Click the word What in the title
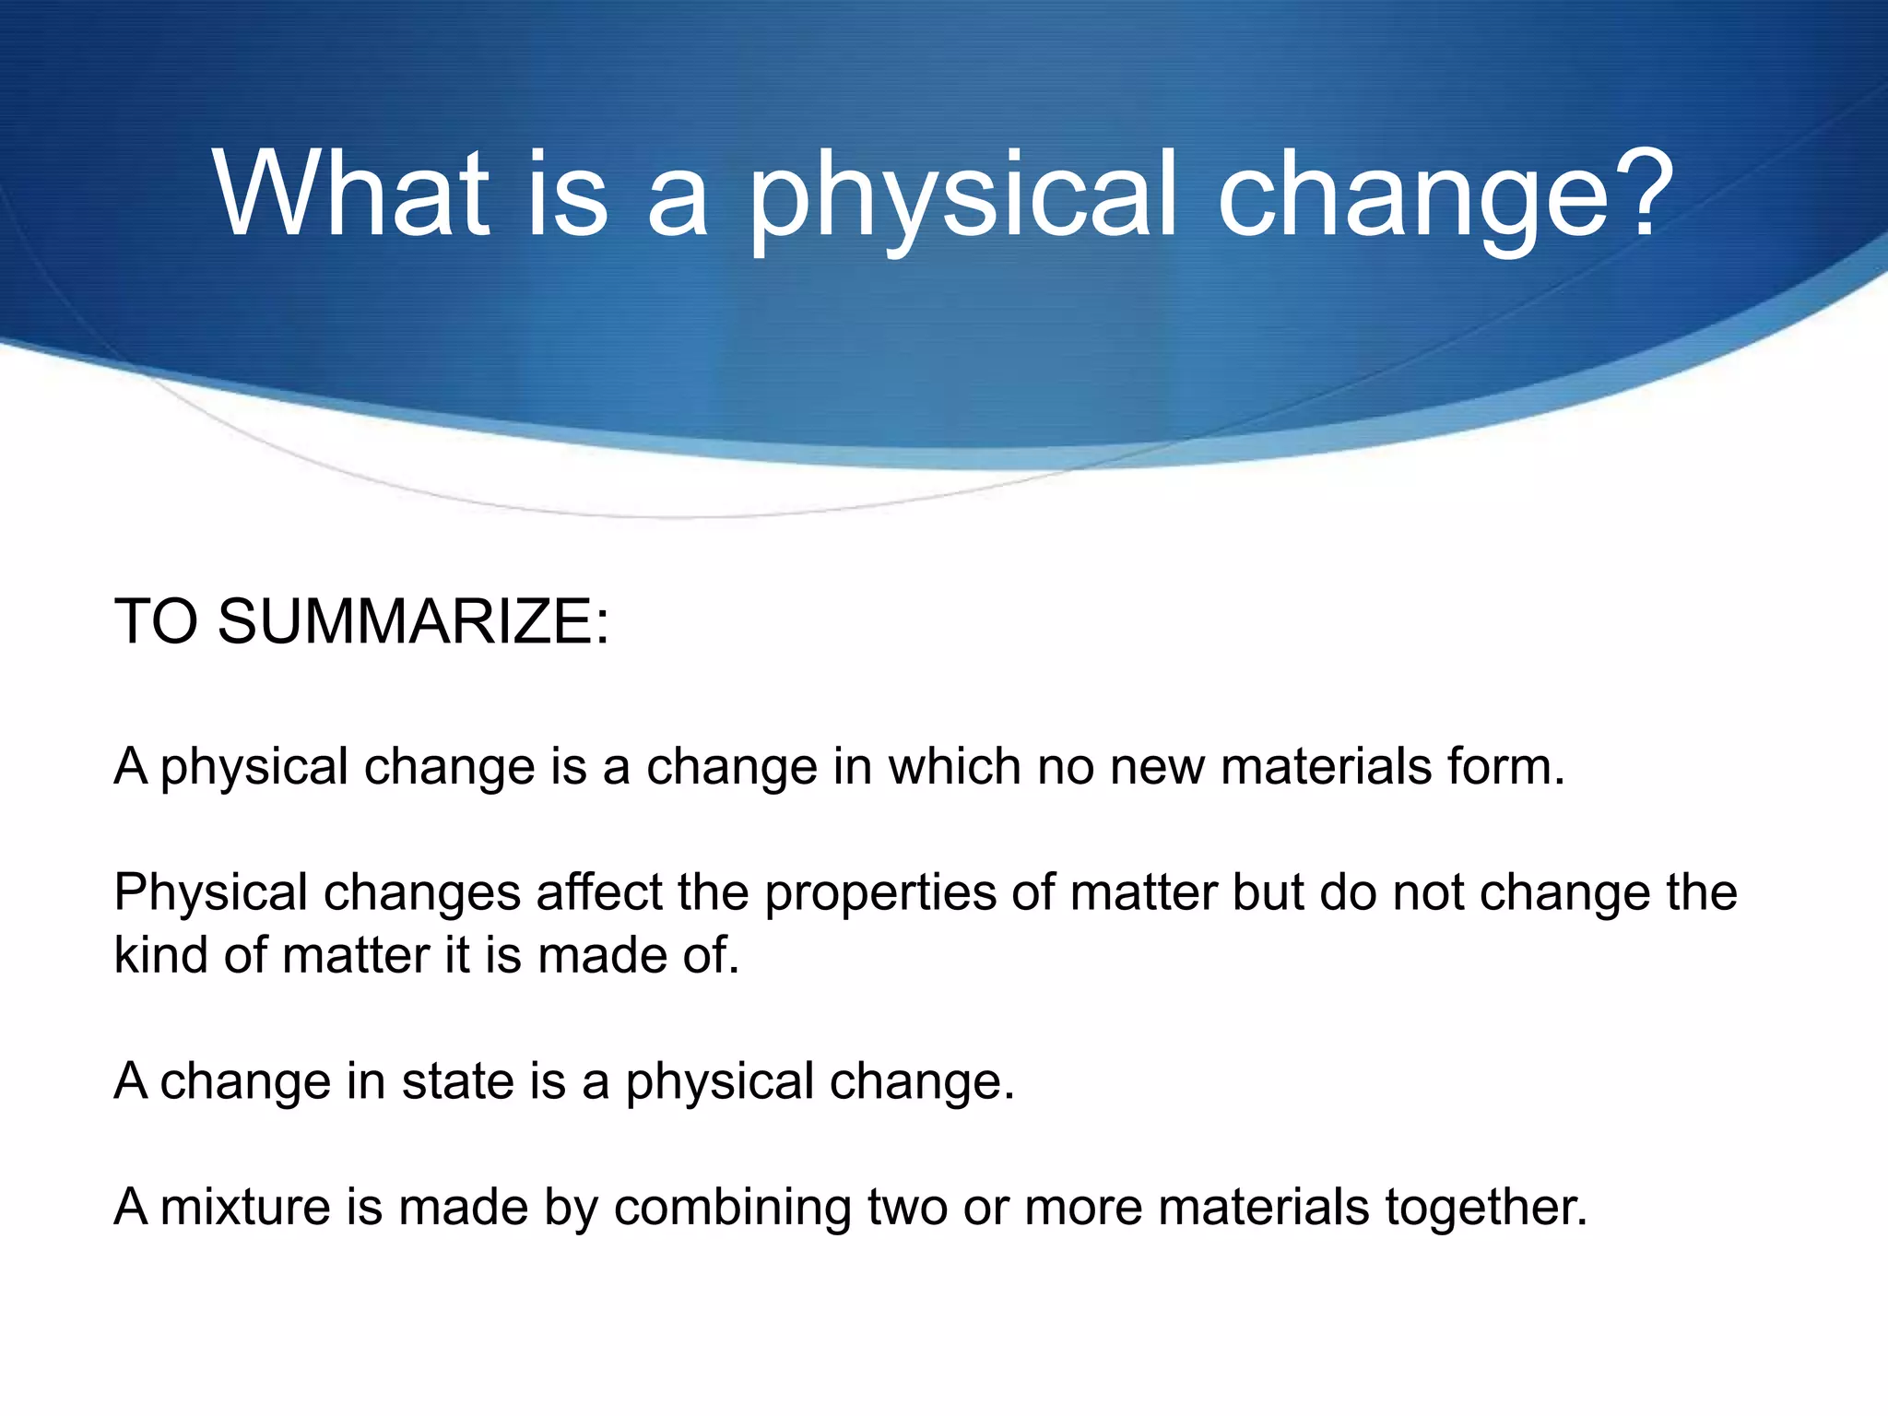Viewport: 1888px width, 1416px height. pyautogui.click(x=350, y=195)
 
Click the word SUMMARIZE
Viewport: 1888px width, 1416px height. pyautogui.click(x=412, y=621)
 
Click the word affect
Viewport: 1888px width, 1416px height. pyautogui.click(x=598, y=892)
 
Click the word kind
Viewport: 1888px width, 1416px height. pyautogui.click(x=160, y=955)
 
